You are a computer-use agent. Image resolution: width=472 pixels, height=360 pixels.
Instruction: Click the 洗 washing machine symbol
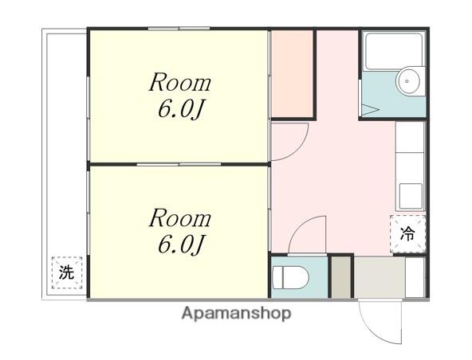tap(67, 272)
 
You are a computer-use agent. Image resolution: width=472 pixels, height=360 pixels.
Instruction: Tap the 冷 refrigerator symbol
tap(408, 233)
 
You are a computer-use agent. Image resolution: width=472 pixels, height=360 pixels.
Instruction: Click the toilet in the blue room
tap(290, 278)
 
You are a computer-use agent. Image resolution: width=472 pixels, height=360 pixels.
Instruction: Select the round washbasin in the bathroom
tap(408, 81)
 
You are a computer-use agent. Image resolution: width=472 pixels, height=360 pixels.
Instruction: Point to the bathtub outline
tap(394, 51)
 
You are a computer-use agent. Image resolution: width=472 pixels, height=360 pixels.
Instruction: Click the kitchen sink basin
tap(411, 197)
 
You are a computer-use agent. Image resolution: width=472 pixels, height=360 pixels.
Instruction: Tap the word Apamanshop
tap(236, 313)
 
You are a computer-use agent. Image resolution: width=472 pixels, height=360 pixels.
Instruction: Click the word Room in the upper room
tap(180, 82)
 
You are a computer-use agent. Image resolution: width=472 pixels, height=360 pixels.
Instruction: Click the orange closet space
tap(292, 73)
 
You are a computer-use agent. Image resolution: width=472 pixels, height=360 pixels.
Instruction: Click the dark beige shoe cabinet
tap(341, 277)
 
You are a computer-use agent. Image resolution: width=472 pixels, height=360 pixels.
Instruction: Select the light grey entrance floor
tap(380, 277)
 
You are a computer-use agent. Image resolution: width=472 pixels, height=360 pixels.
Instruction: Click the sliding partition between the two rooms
tap(179, 164)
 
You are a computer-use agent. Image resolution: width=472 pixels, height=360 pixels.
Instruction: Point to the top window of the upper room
tap(179, 29)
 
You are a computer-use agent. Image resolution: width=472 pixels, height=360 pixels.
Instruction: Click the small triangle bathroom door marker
tap(368, 109)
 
